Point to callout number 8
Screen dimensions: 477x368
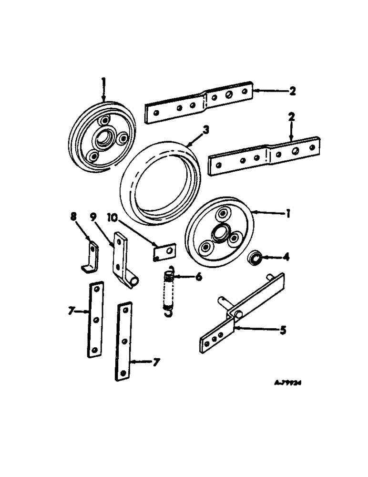(73, 218)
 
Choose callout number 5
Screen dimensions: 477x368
(283, 330)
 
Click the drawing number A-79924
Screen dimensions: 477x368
(290, 382)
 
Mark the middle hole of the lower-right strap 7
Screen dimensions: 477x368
(124, 341)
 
